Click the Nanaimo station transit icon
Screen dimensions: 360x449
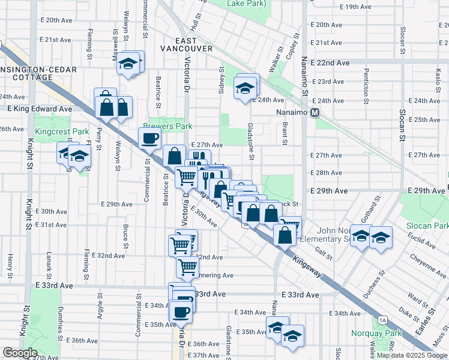[314, 113]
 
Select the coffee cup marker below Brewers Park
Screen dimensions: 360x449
[149, 139]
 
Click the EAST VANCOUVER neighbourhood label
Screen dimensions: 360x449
[186, 48]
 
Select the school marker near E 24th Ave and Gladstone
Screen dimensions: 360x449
[246, 88]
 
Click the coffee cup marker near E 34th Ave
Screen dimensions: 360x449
[181, 312]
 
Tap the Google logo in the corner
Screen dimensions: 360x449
[20, 353]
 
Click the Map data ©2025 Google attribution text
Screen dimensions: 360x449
[412, 355]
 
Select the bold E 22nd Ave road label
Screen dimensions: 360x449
[330, 62]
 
